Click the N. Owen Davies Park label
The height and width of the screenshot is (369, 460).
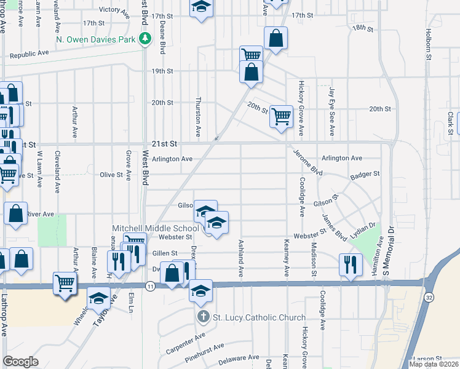[95, 39]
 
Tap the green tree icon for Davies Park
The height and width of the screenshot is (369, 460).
[145, 39]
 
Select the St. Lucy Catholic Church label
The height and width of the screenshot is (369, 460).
[259, 317]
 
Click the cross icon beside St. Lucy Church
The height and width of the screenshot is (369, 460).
[204, 317]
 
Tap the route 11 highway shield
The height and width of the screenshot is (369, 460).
[150, 286]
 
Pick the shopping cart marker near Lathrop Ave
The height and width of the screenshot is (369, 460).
[65, 284]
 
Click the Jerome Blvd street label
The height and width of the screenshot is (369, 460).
[307, 161]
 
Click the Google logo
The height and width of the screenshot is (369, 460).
[20, 362]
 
